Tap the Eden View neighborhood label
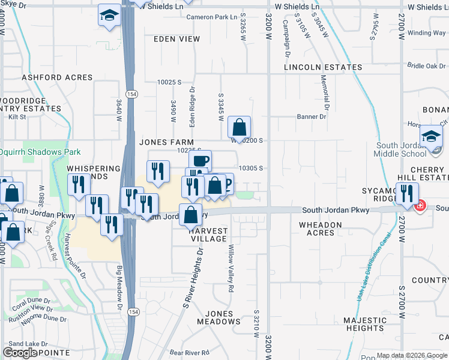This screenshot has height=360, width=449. tap(176, 39)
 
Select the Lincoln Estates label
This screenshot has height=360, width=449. tap(323, 67)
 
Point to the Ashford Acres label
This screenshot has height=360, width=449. tap(58, 77)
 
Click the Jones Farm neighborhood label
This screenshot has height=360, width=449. tap(161, 142)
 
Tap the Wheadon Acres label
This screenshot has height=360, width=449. tap(321, 229)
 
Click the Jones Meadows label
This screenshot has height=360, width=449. tap(223, 317)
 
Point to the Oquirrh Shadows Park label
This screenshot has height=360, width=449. tap(41, 152)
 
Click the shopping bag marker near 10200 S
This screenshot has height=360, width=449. tap(239, 128)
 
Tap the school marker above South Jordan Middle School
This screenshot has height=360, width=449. tap(431, 137)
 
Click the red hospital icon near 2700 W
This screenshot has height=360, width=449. tap(420, 205)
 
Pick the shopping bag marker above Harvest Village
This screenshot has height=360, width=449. tap(190, 215)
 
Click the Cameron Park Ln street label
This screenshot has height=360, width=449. tap(211, 17)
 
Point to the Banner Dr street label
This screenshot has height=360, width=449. tap(312, 116)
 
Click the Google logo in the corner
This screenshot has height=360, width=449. tap(20, 353)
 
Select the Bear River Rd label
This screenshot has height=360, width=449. tap(188, 352)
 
